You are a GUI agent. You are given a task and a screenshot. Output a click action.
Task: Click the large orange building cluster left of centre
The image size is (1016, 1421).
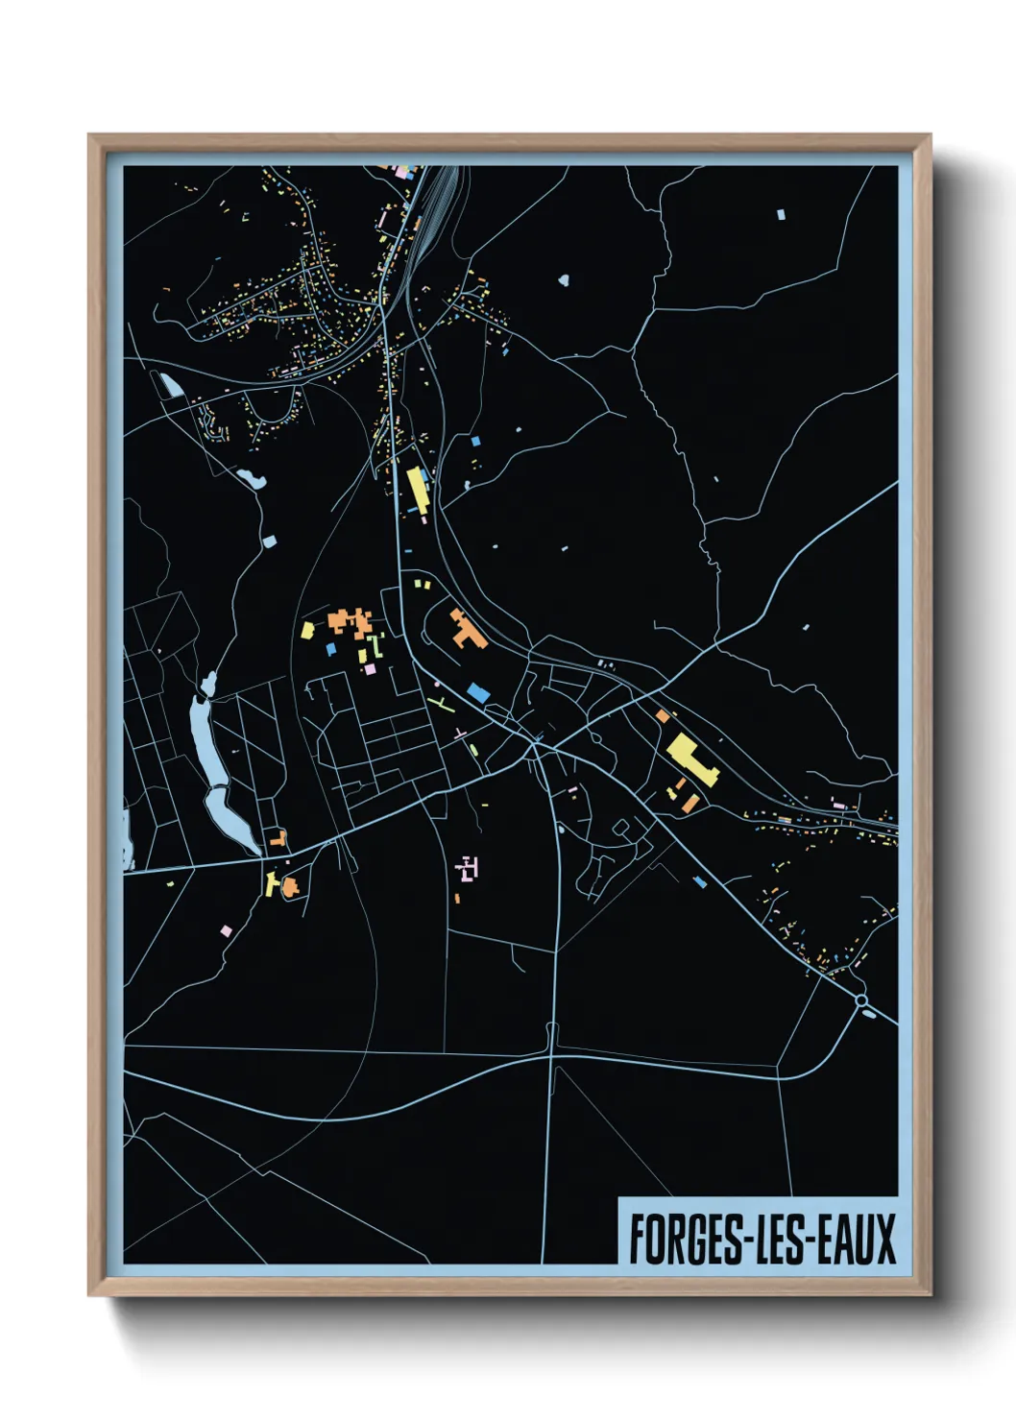[x=350, y=621]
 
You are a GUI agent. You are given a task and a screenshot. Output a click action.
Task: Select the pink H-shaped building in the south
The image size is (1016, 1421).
[x=468, y=869]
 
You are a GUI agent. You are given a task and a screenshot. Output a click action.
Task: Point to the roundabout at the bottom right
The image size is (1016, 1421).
[x=861, y=1001]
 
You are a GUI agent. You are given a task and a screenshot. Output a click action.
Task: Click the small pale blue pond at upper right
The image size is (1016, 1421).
[x=563, y=281]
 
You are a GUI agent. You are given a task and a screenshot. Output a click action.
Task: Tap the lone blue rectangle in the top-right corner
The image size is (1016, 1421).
[x=781, y=214]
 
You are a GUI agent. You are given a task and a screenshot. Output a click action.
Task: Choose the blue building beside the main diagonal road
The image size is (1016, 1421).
[x=477, y=691]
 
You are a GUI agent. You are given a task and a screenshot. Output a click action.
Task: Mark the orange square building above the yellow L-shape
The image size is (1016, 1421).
[x=662, y=715]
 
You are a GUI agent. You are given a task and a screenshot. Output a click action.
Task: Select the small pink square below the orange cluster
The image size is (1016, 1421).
[x=370, y=668]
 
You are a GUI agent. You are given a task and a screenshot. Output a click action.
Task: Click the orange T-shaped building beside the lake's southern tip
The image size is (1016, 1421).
[x=278, y=838]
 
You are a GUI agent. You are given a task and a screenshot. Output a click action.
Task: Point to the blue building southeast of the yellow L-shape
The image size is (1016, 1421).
[x=700, y=881]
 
